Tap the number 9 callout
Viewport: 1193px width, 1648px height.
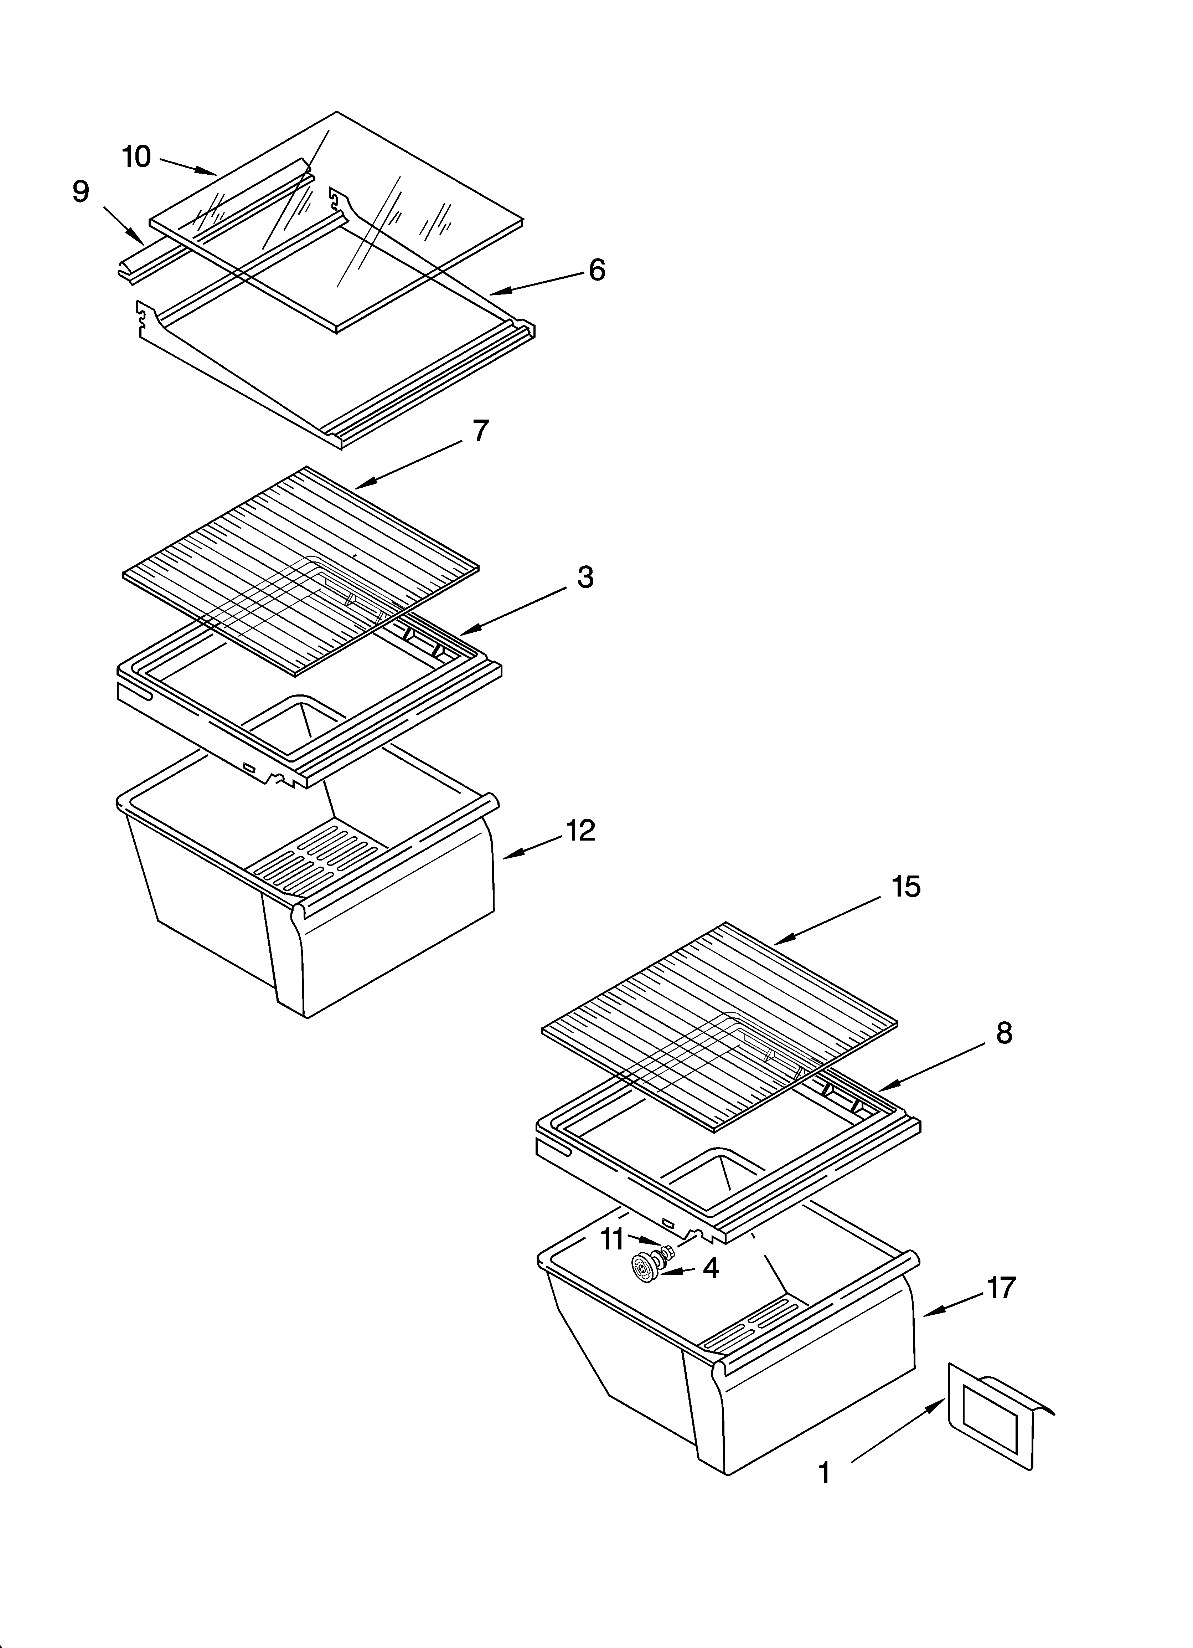(x=81, y=192)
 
